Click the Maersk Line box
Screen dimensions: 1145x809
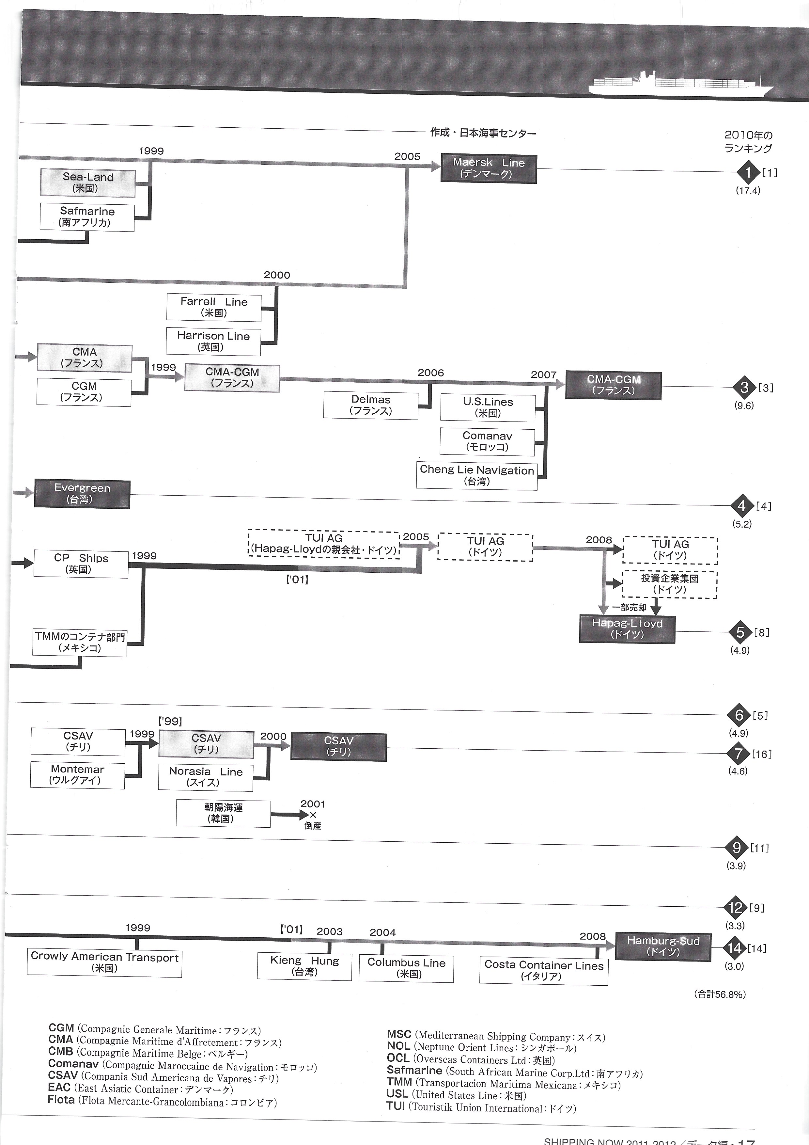pos(489,168)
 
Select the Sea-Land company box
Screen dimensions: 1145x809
pos(88,183)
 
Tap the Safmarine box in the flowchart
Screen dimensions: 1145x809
pos(87,217)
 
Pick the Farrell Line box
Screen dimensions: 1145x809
pos(214,307)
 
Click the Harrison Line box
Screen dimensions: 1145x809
pos(213,341)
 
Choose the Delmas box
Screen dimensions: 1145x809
pos(370,405)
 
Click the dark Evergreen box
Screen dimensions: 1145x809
pos(82,494)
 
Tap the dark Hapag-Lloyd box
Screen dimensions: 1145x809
pos(627,629)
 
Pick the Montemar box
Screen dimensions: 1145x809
pos(77,774)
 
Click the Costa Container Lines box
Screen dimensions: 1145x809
pos(543,970)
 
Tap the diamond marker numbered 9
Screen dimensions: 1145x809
pos(737,847)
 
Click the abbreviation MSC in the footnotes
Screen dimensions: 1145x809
pos(399,1035)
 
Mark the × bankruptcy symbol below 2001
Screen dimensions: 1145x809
pos(313,815)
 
